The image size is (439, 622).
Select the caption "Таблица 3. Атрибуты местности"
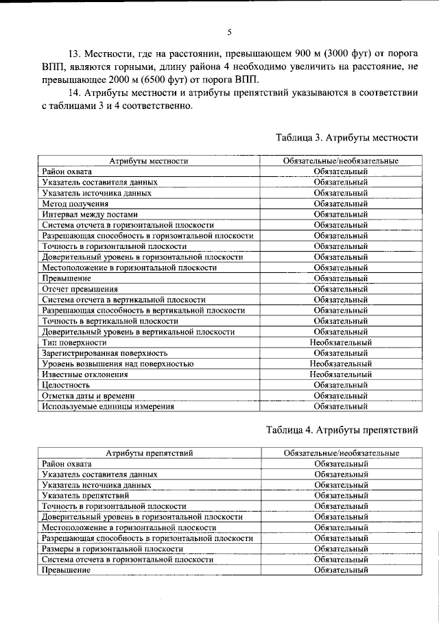click(347, 137)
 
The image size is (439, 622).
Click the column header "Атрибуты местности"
click(149, 161)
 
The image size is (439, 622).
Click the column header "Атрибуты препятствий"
click(149, 453)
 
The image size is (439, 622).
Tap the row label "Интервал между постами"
click(90, 214)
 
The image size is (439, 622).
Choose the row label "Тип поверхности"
click(74, 342)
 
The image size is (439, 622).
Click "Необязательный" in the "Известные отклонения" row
click(341, 374)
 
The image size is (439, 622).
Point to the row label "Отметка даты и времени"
click(88, 396)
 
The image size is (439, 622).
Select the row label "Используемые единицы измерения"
click(108, 406)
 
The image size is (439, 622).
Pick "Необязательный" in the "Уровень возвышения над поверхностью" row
click(341, 363)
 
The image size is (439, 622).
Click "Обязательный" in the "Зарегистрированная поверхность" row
click(341, 352)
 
